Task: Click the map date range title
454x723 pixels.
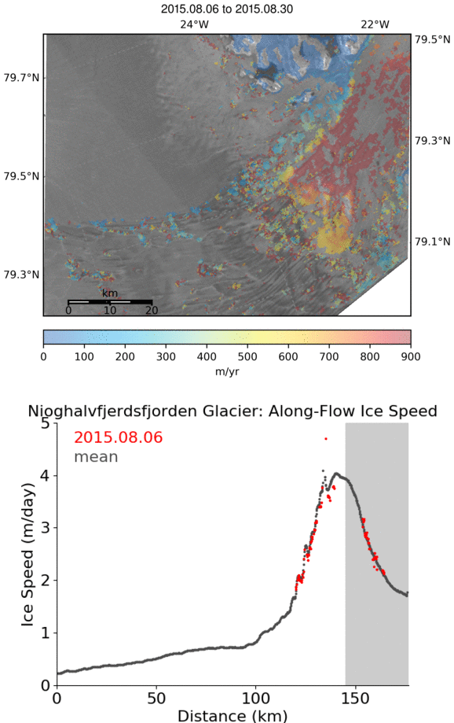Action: click(x=226, y=9)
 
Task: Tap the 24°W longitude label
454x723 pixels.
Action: click(x=194, y=24)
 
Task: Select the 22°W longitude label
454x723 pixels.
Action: click(x=375, y=24)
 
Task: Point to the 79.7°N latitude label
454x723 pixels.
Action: click(x=22, y=77)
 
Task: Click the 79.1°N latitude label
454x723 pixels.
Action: click(x=432, y=242)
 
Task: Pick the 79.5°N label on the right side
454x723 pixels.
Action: click(x=432, y=39)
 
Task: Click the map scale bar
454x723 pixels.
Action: click(x=110, y=302)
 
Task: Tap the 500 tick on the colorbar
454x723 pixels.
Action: click(x=247, y=356)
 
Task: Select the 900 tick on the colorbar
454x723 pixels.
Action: click(x=411, y=356)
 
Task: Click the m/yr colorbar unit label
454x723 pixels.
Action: click(x=227, y=371)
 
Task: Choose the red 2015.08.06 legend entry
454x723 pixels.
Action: click(x=119, y=437)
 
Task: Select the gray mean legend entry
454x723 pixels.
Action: click(x=97, y=457)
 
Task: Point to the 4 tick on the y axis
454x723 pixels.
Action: click(x=45, y=475)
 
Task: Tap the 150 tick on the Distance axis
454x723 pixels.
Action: click(x=356, y=698)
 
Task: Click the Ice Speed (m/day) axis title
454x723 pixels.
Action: click(x=27, y=555)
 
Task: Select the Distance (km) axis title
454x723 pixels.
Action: click(x=232, y=716)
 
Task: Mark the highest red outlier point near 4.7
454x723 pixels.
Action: click(x=326, y=438)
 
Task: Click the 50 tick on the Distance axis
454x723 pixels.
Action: click(x=156, y=698)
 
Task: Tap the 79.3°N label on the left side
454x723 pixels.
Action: click(x=22, y=275)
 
